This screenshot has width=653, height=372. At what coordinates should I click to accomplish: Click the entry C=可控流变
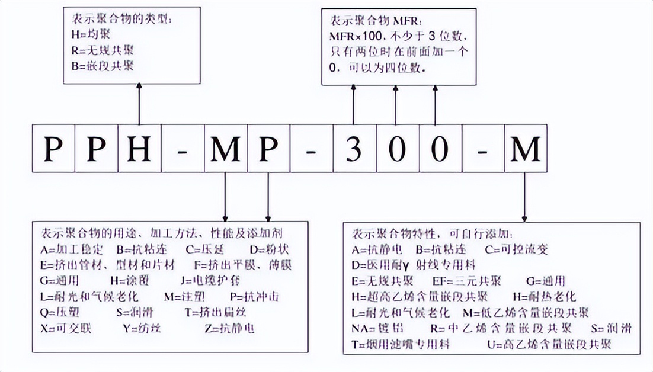point(516,249)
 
